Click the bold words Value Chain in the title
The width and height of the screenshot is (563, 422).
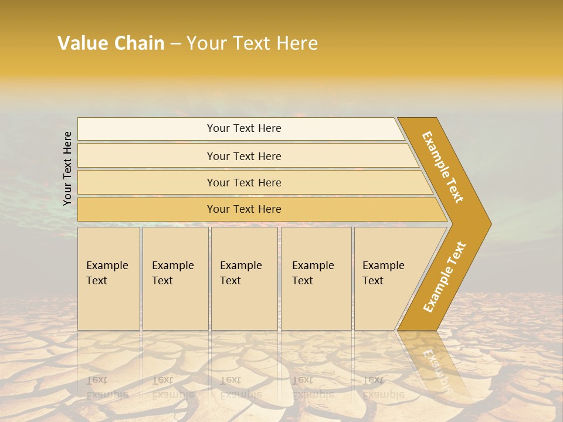[x=111, y=43]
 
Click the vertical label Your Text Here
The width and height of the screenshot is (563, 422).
[x=67, y=168]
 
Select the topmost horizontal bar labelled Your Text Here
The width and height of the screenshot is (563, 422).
[x=244, y=129]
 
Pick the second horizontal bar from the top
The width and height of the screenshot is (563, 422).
[x=244, y=156]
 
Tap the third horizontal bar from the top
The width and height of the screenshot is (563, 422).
[x=244, y=183]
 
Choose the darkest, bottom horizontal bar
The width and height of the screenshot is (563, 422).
[x=244, y=209]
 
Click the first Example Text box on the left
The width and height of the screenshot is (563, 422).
[x=108, y=278]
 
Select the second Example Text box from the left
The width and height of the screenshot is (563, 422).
[x=175, y=278]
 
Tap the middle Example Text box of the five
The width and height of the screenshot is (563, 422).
[x=244, y=278]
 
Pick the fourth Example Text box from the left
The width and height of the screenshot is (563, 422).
[x=316, y=278]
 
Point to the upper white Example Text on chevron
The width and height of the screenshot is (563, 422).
[x=443, y=167]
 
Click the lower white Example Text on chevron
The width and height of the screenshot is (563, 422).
[x=445, y=277]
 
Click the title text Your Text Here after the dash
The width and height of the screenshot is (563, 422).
[x=252, y=43]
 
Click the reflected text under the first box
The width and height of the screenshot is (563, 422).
[x=107, y=387]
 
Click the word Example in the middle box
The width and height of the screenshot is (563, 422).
[x=240, y=266]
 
